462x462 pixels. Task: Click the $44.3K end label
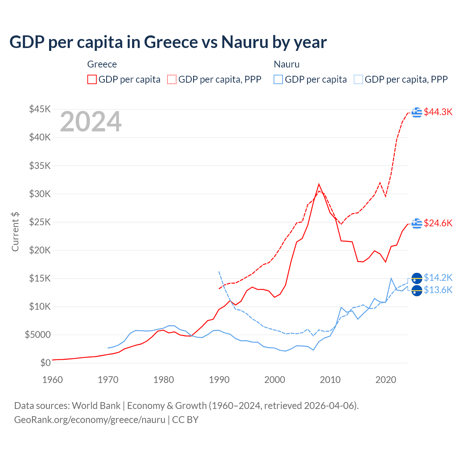[438, 112]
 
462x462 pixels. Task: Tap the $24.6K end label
[438, 223]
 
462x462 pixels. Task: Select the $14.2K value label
[438, 278]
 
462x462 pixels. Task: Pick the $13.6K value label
[438, 290]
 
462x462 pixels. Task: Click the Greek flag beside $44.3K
[417, 112]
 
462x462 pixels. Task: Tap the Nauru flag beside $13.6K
[417, 290]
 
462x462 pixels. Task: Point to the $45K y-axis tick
[40, 109]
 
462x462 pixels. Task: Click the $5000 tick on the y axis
[38, 335]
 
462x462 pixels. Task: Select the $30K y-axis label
[40, 194]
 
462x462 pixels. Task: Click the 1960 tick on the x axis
[53, 380]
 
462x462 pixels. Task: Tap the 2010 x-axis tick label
[330, 380]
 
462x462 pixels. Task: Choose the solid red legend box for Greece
[92, 79]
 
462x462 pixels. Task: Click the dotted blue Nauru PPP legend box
[358, 79]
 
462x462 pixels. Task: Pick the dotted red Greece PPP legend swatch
[172, 79]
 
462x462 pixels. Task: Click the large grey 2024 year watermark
[91, 122]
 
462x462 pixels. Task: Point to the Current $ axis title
[15, 232]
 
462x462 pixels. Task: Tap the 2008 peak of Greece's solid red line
[319, 184]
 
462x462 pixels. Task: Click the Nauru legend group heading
[287, 64]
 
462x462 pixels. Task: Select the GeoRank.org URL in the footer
[90, 420]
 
